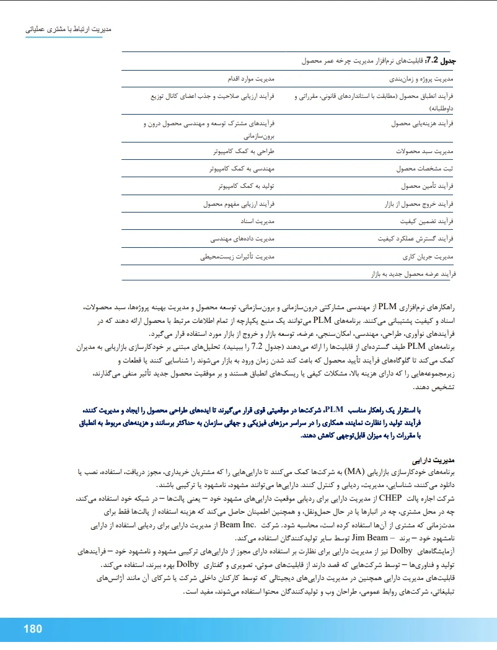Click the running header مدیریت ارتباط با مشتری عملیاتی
69,29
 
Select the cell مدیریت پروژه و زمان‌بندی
421,79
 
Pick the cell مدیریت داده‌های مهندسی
242,237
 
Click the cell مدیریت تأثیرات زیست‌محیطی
237,255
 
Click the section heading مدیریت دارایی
438,460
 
